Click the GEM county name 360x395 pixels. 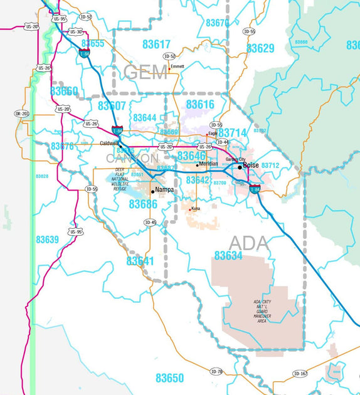[146, 72]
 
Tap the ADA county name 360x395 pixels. [248, 243]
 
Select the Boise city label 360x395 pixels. [251, 165]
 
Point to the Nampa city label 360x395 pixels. [164, 189]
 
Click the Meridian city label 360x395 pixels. [208, 164]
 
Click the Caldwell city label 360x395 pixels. [109, 144]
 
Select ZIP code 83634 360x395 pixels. [228, 256]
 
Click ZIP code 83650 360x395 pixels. [170, 378]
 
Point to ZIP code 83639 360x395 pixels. [47, 240]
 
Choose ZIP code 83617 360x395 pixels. [156, 45]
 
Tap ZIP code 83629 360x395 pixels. [260, 48]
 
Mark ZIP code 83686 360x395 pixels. [143, 204]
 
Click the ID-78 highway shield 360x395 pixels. [217, 372]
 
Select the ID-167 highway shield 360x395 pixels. [300, 374]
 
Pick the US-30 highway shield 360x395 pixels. [76, 31]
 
